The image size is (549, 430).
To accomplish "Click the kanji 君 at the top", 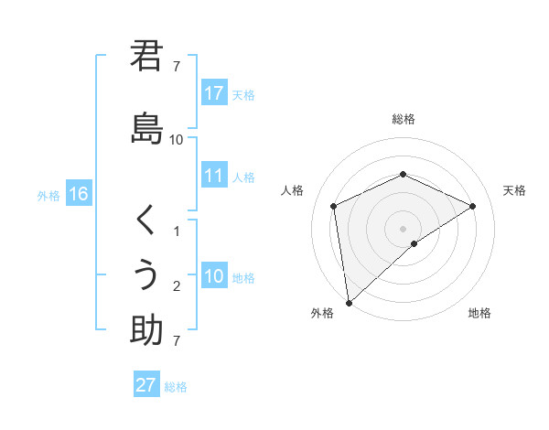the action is coord(146,57).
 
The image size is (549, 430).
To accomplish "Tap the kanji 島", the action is coord(146,128).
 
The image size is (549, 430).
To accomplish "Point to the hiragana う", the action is coord(146,274).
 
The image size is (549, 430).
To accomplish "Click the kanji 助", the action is coord(146,329).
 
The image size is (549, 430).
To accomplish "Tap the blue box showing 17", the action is coord(214,93).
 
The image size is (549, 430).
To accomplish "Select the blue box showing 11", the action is coord(214,176).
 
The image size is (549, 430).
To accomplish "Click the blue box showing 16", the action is coord(78,194).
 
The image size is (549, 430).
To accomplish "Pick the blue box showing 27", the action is coord(146,385).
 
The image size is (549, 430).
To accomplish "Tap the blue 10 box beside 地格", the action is coord(214,276).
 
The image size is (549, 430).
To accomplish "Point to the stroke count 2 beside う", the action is coord(177,286).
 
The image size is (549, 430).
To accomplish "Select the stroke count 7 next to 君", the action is coord(177,67).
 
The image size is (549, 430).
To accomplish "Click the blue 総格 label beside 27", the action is coord(176,387).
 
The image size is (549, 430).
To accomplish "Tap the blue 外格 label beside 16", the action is coord(48,195).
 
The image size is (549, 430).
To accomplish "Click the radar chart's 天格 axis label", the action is coord(514,190).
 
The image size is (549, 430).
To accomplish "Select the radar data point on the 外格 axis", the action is coord(348,302).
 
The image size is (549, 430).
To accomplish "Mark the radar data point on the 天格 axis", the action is coord(473,206).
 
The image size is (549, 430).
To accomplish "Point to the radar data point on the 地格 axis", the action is coord(414,243).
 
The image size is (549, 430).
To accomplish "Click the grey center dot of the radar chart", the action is coord(404,228).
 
